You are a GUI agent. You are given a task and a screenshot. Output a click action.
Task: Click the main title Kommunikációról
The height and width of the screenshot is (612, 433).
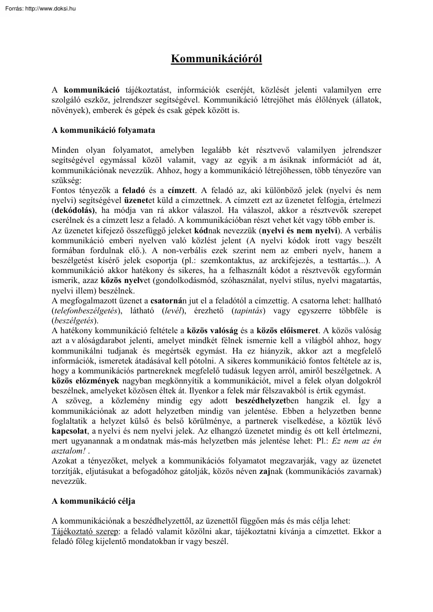216,59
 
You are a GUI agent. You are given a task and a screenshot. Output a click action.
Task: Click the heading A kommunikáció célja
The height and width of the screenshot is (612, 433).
93,501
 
